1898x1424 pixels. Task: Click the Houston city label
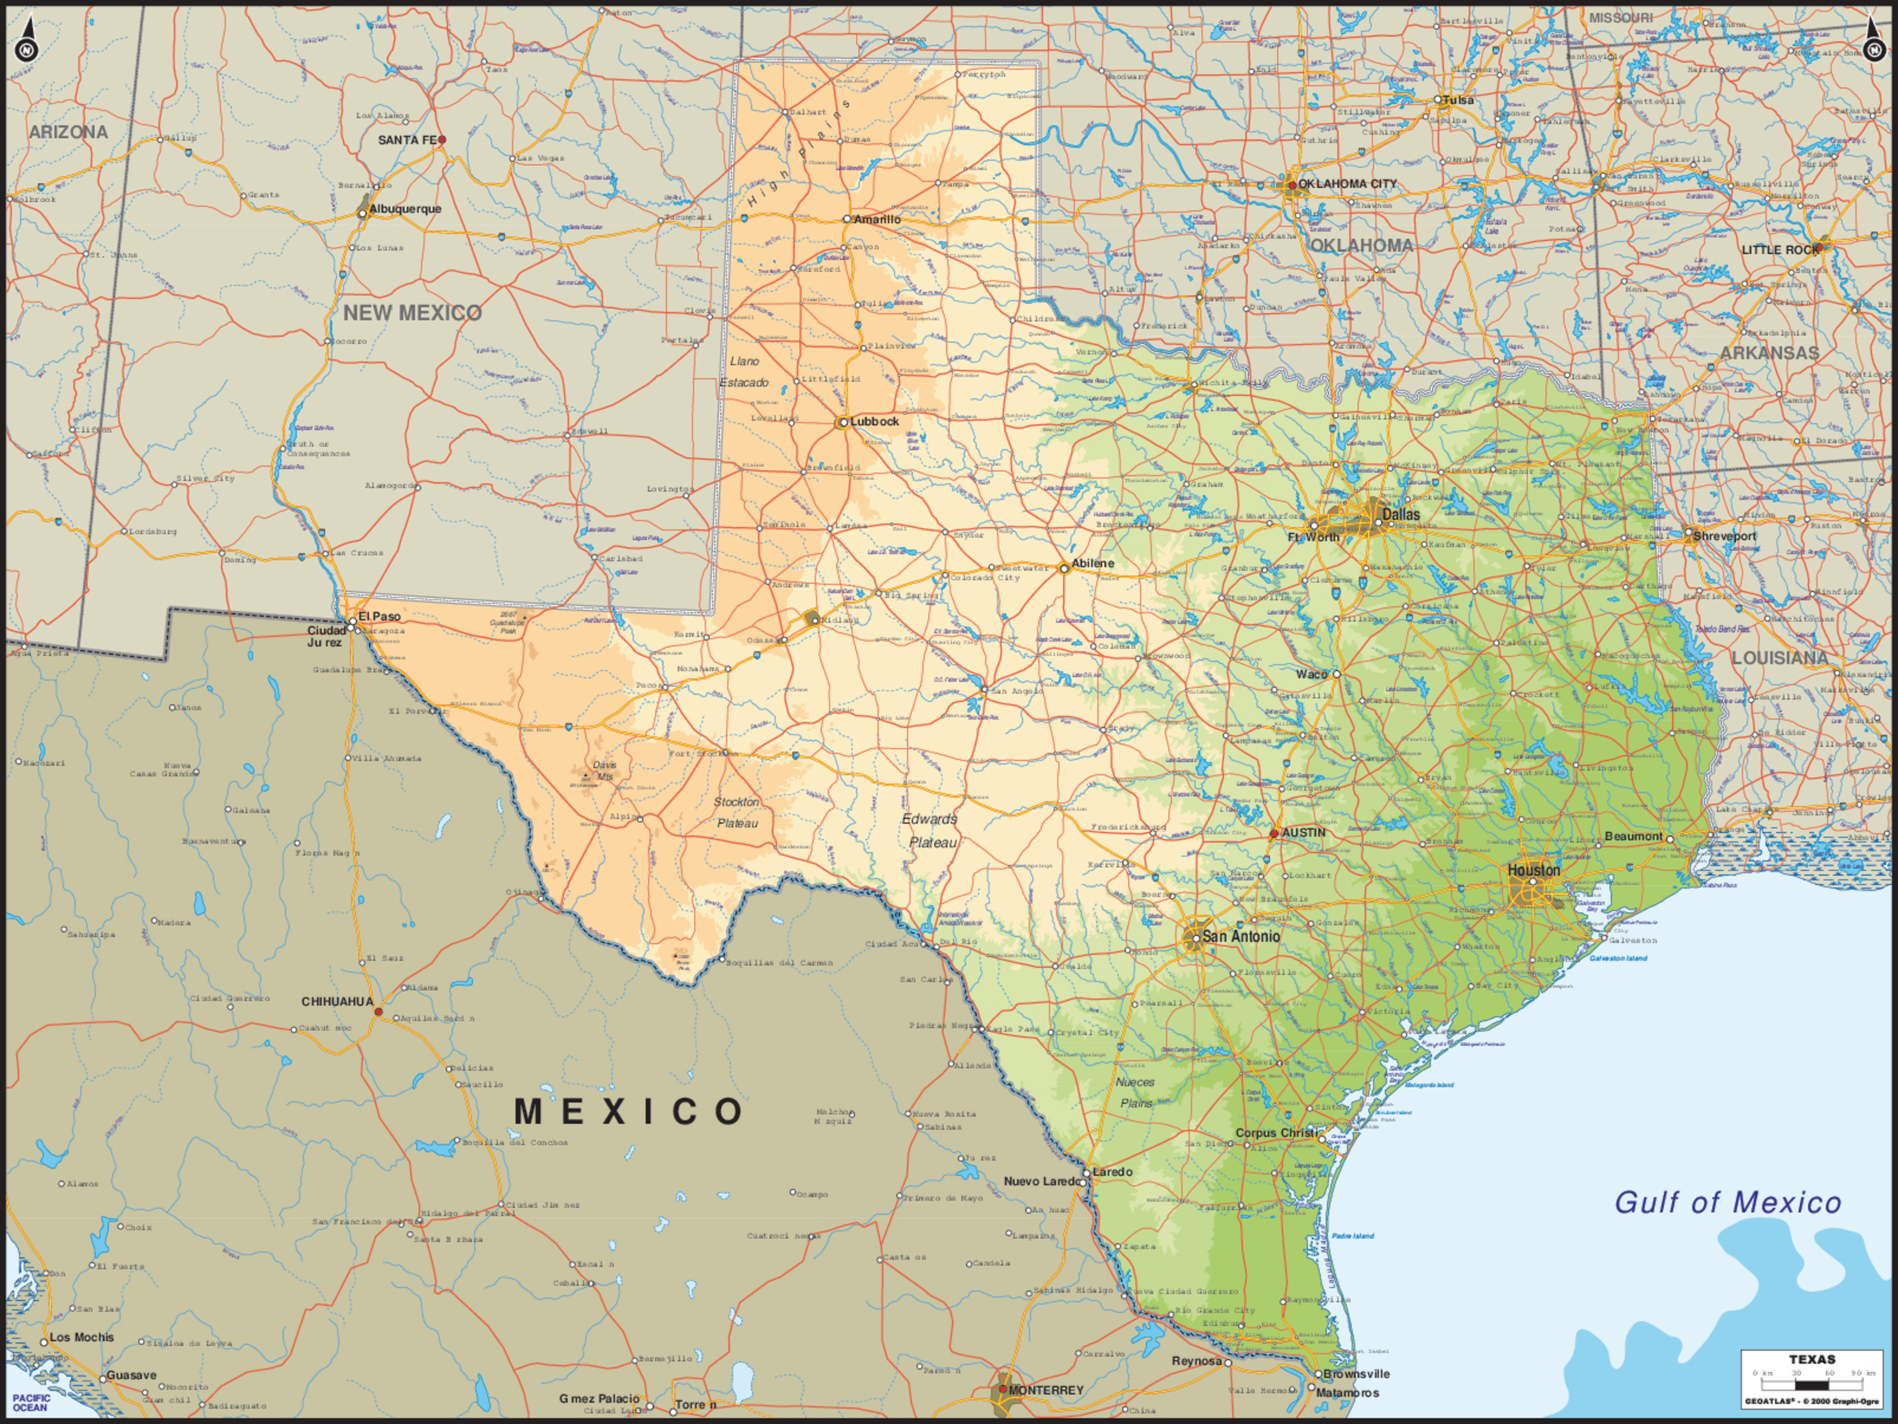coord(1534,870)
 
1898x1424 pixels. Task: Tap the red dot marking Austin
coord(1274,833)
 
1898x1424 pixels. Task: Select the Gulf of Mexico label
coord(1727,1203)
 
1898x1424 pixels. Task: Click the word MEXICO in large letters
coord(629,1112)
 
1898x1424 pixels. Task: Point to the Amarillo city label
coord(877,219)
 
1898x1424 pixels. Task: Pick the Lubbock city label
coord(874,421)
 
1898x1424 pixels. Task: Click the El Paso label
coord(379,616)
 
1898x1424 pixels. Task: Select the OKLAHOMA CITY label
coord(1347,184)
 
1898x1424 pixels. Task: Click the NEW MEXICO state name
coord(413,313)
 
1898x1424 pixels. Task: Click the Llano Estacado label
coord(744,372)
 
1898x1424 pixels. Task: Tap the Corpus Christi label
coord(1276,1132)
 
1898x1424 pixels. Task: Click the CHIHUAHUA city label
coord(337,1001)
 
